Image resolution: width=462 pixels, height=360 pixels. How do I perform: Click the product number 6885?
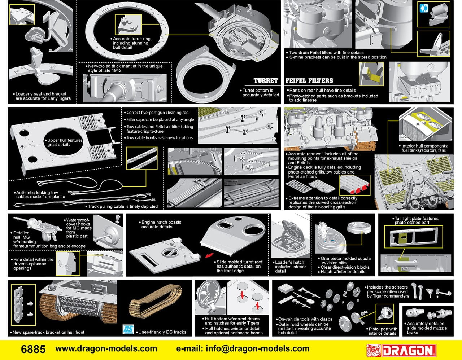coord(33,349)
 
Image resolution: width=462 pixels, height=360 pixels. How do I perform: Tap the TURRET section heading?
coord(266,81)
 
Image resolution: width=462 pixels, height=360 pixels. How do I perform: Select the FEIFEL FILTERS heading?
coord(309,81)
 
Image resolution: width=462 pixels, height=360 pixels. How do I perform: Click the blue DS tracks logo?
coord(128,329)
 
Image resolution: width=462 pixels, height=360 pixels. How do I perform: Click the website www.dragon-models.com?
coord(106,349)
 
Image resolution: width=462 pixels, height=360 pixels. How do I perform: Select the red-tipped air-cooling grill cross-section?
coord(354,185)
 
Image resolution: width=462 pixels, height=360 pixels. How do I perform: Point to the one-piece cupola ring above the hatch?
coord(359,227)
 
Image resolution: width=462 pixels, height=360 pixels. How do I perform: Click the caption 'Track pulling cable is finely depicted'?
coord(123,206)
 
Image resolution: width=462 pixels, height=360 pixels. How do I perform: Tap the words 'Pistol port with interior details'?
coord(382,331)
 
